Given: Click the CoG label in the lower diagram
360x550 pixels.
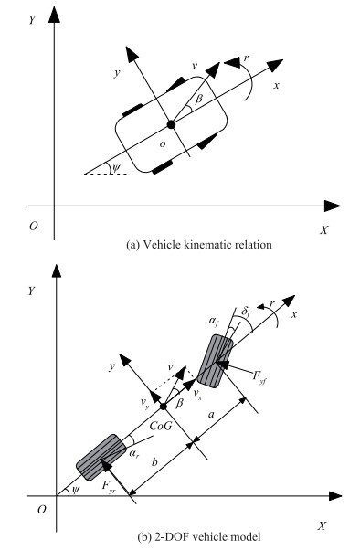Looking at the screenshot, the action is click(161, 426).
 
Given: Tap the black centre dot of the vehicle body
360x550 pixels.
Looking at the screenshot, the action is click(171, 124).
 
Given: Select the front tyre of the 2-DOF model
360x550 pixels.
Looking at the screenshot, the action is click(215, 361).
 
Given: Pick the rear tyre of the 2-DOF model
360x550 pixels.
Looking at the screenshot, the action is click(101, 457).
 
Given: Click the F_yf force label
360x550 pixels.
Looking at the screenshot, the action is click(259, 376).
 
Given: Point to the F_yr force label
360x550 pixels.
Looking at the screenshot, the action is click(109, 486).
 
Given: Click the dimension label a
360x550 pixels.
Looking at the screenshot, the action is click(211, 415).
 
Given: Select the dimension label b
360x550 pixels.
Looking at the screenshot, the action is click(154, 462).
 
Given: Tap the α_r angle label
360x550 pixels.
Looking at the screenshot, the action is click(133, 453).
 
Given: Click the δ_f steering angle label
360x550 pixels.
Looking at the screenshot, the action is click(246, 312).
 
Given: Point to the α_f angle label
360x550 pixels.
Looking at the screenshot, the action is click(213, 322).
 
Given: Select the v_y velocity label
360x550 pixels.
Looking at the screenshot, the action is click(145, 404).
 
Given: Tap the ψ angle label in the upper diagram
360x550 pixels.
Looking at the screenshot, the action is click(115, 168).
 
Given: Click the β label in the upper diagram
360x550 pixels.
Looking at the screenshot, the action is click(199, 99).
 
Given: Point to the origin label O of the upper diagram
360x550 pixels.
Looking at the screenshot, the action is click(33, 227).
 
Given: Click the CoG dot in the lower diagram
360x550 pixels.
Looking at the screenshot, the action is click(164, 407).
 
